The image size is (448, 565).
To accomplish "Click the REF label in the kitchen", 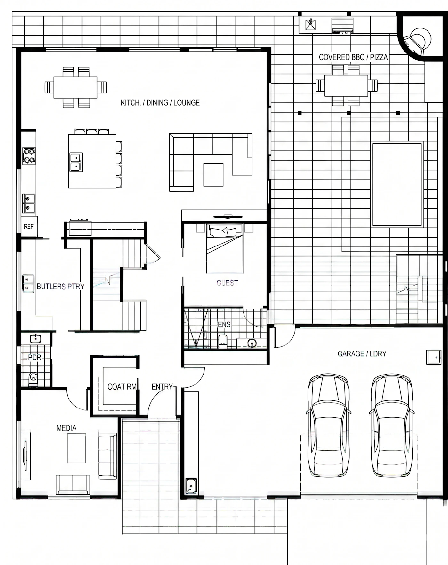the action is click(28, 227).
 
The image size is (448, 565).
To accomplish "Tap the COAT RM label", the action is click(122, 387).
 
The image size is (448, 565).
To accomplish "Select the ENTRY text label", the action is click(162, 387).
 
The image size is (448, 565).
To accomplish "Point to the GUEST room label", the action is click(227, 283).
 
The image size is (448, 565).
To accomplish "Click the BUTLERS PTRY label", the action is click(60, 287).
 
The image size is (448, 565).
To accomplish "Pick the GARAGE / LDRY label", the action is click(362, 354).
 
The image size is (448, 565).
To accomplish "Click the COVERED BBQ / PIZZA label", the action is click(353, 57).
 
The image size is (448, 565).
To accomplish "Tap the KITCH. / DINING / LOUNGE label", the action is click(160, 103).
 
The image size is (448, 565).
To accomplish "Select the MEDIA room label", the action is click(66, 428).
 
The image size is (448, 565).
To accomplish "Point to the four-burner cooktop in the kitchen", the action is click(29, 156).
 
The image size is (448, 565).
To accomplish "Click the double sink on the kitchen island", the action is click(76, 162).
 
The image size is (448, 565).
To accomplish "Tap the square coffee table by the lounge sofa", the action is click(213, 174).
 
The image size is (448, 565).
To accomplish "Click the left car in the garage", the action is click(328, 425).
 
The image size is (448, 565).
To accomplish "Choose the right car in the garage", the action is click(391, 425).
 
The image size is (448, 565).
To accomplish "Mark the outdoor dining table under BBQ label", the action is click(346, 85).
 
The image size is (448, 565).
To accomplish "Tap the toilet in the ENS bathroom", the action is click(223, 341).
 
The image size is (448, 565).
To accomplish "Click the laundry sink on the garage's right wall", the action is click(434, 357).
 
